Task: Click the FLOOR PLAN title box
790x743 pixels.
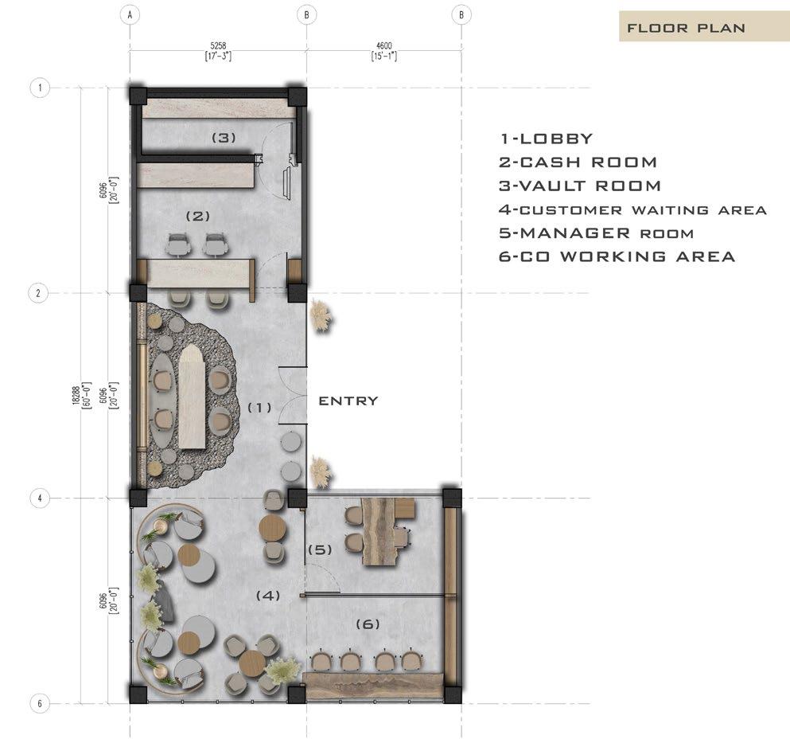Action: pos(704,26)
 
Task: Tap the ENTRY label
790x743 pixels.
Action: pos(348,401)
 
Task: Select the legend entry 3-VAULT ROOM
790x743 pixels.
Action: pos(579,186)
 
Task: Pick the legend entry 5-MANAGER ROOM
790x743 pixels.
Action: pos(596,233)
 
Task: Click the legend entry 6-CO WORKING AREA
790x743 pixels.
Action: pos(617,256)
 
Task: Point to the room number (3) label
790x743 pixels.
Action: pos(224,137)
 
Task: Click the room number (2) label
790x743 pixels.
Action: pos(198,216)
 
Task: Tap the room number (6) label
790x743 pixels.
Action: pos(368,624)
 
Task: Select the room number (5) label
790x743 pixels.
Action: pos(320,549)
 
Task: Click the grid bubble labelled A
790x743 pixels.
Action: pos(130,14)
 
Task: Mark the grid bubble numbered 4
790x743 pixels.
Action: pos(40,499)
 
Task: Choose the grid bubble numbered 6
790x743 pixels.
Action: pos(40,703)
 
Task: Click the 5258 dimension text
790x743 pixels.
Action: pos(218,46)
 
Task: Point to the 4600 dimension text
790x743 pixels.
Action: pos(384,46)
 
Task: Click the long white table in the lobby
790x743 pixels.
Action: pos(192,397)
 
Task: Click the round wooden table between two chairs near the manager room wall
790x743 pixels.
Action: pos(272,528)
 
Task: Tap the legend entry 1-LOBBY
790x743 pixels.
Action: pos(546,139)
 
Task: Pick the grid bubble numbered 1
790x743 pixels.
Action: pos(40,88)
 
